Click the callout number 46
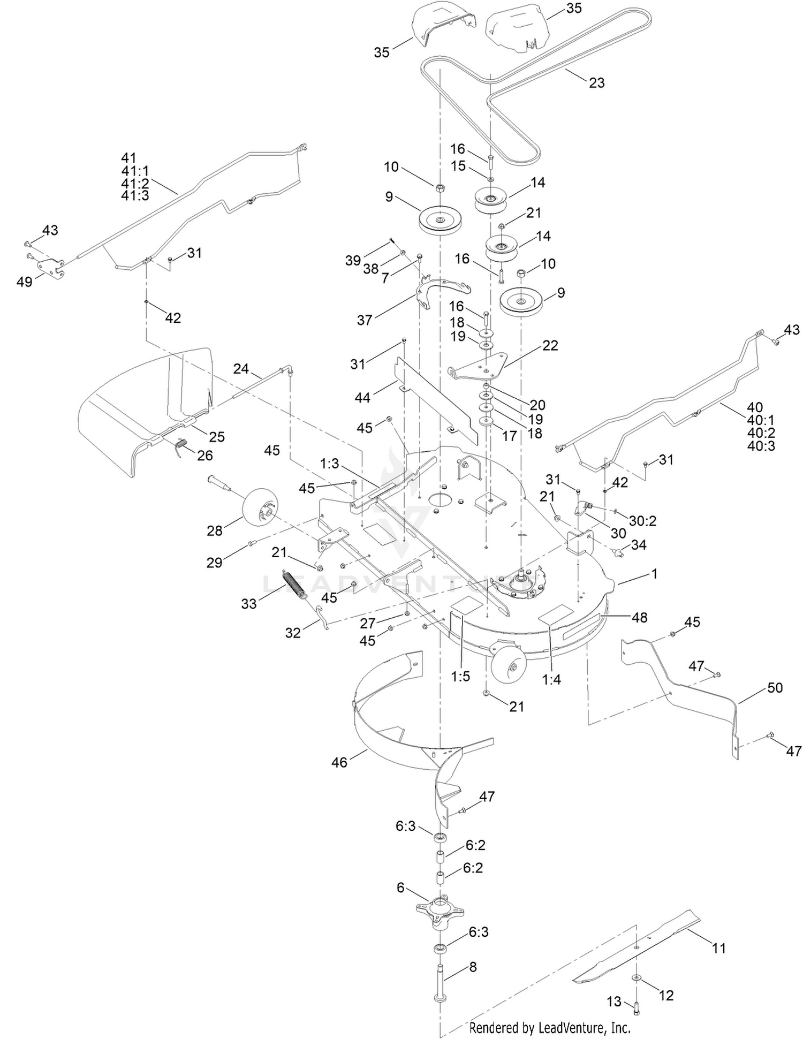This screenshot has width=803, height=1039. [x=339, y=761]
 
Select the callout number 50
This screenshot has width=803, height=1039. [x=775, y=687]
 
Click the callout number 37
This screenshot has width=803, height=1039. [x=365, y=320]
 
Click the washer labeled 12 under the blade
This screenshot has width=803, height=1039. [x=636, y=978]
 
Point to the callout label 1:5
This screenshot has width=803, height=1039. [x=460, y=676]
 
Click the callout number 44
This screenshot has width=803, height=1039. [x=362, y=398]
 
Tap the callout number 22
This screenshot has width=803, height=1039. [x=550, y=345]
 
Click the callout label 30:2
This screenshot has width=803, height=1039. [x=642, y=520]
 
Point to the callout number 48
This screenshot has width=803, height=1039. [x=639, y=617]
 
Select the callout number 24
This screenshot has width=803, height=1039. [x=241, y=368]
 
